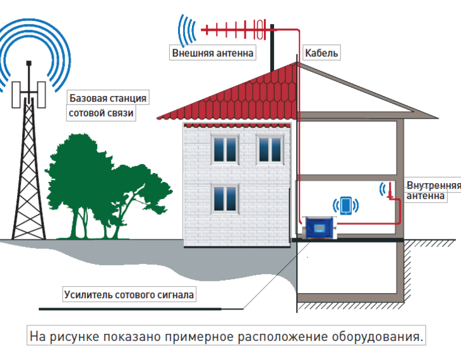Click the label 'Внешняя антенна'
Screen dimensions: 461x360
coord(213,53)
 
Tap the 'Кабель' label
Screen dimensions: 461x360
coord(321,53)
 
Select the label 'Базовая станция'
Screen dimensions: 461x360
coord(108,98)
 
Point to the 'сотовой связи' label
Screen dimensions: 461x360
coord(101,113)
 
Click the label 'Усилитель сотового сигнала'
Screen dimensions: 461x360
coord(129,294)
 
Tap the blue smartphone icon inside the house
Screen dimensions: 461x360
coord(346,205)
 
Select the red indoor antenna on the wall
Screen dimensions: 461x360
coord(390,191)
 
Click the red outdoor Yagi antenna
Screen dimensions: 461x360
coord(234,30)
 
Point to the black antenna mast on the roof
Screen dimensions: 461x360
coord(272,48)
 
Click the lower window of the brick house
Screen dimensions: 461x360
coord(225,198)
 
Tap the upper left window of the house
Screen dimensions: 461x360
coord(225,149)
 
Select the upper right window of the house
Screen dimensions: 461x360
coord(270,149)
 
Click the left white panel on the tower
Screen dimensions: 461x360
coord(16,95)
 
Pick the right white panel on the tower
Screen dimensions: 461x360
coord(42,95)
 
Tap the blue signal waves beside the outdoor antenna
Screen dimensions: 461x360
coord(186,30)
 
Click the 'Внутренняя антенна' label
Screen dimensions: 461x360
coord(430,191)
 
